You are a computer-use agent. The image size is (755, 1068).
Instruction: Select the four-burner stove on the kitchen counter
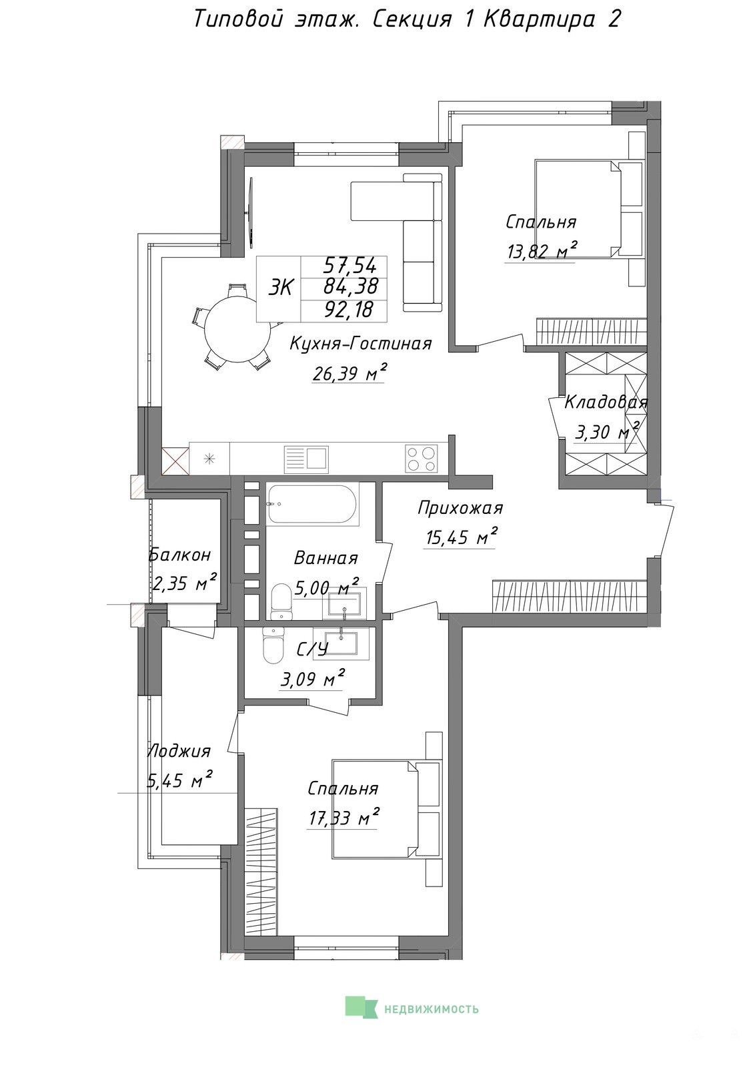point(421,458)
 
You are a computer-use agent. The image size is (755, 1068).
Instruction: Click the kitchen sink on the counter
point(306,458)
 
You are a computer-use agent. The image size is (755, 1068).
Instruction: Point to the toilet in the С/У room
point(272,646)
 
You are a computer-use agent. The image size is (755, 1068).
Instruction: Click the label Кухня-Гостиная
point(361,343)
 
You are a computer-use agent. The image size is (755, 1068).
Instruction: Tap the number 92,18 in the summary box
point(349,310)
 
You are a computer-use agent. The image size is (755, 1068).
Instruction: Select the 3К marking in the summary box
point(281,288)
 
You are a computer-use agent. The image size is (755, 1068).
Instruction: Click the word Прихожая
point(460,508)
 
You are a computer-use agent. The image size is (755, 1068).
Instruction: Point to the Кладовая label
point(606,403)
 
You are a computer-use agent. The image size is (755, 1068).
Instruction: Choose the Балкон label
point(179,555)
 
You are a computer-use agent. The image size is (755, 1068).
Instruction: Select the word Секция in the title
point(411,20)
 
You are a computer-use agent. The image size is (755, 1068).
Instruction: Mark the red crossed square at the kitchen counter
point(175,461)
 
